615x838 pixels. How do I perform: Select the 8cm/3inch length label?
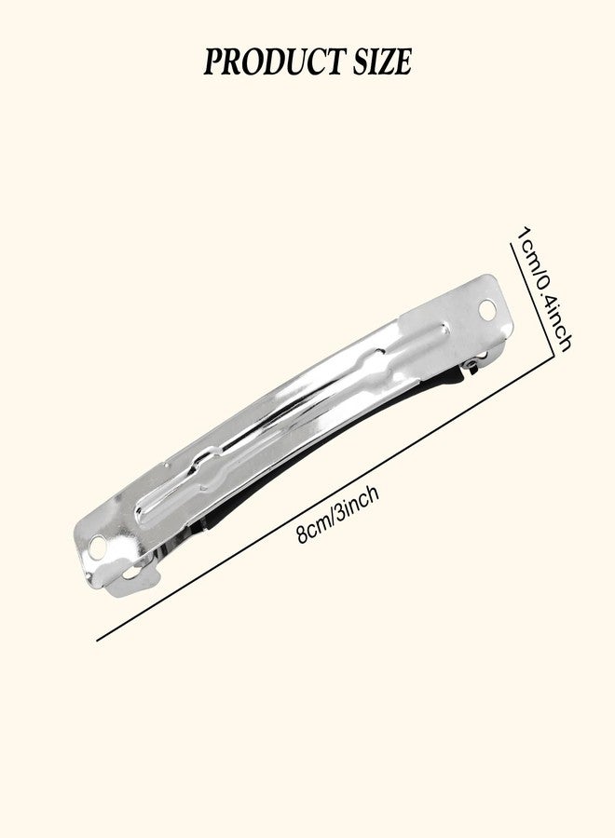(x=338, y=513)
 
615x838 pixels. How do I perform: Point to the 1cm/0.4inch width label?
(x=542, y=289)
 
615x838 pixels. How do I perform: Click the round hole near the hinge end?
(x=487, y=309)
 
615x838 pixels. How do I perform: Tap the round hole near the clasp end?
(x=98, y=547)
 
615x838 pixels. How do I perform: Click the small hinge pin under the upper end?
(x=473, y=364)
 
